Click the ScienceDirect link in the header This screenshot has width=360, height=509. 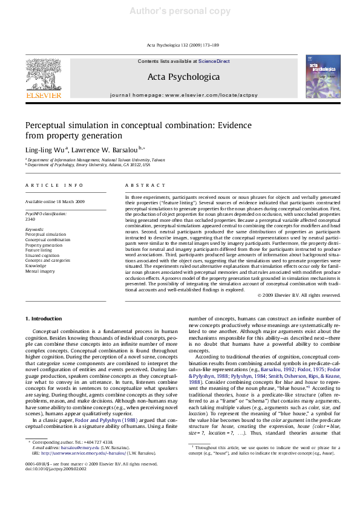click(214, 62)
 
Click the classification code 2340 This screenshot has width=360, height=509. click(30, 219)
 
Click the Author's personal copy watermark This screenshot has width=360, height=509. click(180, 11)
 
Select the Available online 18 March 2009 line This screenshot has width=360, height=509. click(55, 201)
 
